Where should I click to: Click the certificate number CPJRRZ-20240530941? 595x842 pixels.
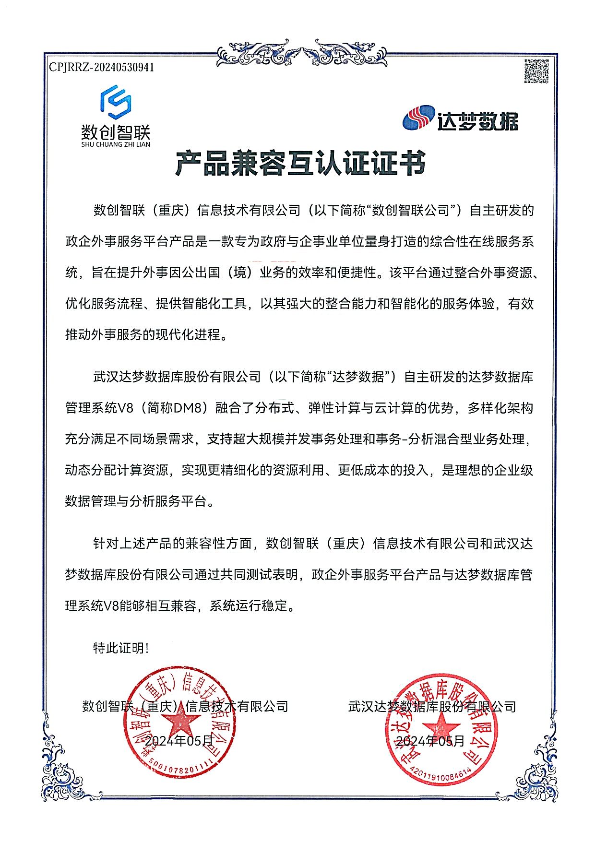coord(102,67)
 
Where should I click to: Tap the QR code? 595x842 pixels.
coord(536,71)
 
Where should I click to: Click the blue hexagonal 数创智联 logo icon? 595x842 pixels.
coord(116,102)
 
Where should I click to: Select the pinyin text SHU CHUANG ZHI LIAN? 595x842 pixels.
coord(116,144)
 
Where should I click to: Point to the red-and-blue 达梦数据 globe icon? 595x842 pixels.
coord(418,118)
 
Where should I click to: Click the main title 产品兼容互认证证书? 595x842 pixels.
coord(300,163)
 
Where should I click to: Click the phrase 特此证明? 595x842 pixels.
coord(121,648)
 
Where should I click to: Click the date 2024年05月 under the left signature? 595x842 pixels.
coord(178,741)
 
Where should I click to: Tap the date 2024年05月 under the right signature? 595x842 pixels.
coord(430,741)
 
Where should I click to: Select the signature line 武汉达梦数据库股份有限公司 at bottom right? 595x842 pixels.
coord(432,707)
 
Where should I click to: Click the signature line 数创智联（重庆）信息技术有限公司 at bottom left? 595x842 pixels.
coord(185,706)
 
